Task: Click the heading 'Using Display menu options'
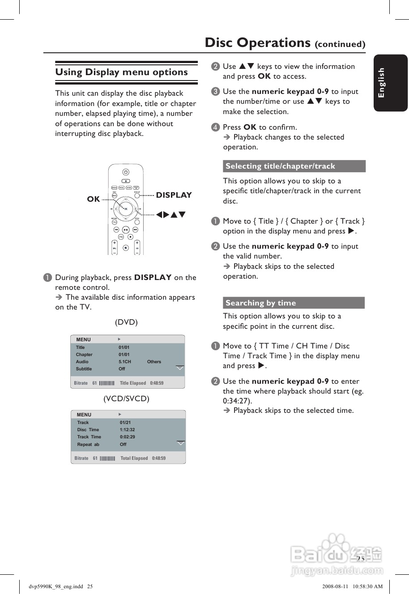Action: (x=121, y=72)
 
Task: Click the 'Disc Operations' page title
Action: (x=257, y=42)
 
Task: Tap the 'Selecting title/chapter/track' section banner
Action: (x=280, y=166)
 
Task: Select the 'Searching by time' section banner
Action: (x=261, y=303)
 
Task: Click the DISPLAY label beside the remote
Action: (x=174, y=195)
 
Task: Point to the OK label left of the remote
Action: (x=94, y=199)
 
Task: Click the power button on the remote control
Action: (x=126, y=172)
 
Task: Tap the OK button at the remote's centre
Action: (x=126, y=209)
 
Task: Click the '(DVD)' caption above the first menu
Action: (x=126, y=322)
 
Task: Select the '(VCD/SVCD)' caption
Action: (x=126, y=399)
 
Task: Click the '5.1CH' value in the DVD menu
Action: (x=125, y=362)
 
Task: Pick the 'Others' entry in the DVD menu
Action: (x=154, y=362)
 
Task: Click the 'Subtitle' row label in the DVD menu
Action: (x=84, y=369)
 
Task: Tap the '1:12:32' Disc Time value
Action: (x=127, y=430)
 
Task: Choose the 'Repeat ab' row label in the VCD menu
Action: (x=88, y=445)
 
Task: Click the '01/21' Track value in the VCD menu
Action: (x=125, y=423)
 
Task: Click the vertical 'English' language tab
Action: (x=381, y=83)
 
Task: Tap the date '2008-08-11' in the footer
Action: (x=335, y=586)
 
